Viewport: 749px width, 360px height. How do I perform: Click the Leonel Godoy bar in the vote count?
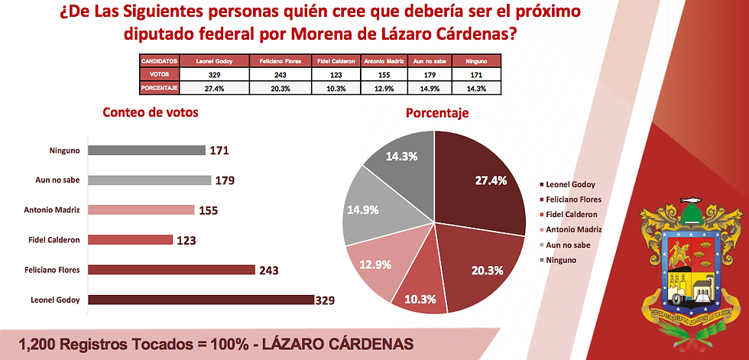point(200,299)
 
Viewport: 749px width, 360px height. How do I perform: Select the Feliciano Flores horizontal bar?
point(171,269)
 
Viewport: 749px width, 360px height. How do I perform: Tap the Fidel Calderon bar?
point(130,240)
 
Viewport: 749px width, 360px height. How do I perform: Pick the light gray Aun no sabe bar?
point(149,180)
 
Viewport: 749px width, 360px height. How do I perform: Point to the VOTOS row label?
point(159,75)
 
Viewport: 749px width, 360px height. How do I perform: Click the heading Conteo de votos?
point(151,112)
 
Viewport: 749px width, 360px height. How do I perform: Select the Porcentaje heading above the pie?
point(436,113)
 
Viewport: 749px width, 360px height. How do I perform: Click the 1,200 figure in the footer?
point(38,343)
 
